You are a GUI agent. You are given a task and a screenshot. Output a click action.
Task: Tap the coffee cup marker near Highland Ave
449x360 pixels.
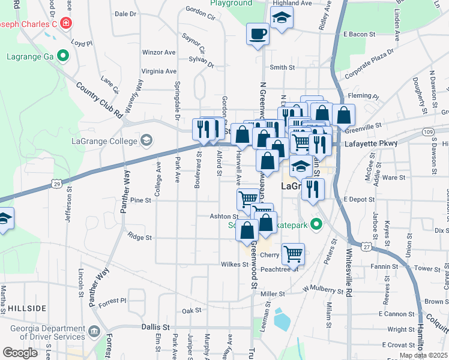point(258,34)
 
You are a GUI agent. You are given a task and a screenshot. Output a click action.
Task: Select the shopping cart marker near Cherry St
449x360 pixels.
point(293,253)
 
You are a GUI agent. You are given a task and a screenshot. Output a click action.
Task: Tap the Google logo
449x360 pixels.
point(20,352)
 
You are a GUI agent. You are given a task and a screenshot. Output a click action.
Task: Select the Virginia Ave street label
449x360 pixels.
point(158,70)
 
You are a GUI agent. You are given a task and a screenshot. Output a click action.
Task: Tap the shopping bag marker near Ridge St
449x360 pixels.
point(247,231)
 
